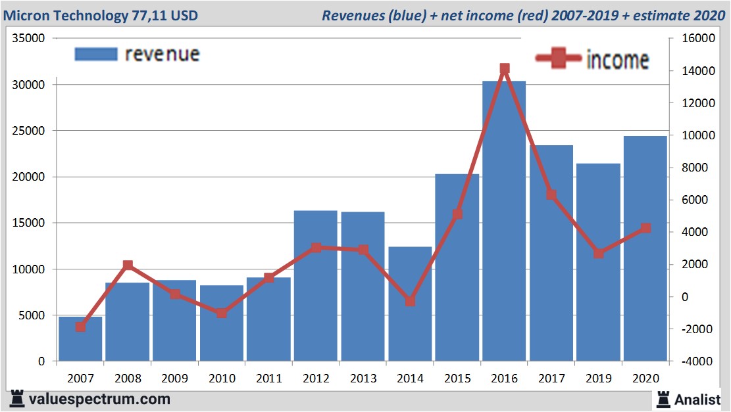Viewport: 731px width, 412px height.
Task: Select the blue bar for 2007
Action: coord(80,339)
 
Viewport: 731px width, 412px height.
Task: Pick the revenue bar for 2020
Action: coord(645,250)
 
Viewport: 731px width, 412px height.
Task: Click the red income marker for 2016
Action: coord(505,68)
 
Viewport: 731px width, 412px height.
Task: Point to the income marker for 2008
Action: coord(128,265)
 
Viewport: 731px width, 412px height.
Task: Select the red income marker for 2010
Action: coord(222,313)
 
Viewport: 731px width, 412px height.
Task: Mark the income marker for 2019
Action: coord(598,253)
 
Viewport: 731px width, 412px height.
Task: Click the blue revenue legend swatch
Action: coord(95,54)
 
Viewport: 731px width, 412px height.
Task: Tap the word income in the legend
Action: coord(617,60)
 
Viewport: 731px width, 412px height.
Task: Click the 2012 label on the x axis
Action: coord(316,378)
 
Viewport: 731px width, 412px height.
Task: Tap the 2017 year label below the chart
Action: coord(551,378)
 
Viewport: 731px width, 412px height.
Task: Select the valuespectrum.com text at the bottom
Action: coord(99,399)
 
